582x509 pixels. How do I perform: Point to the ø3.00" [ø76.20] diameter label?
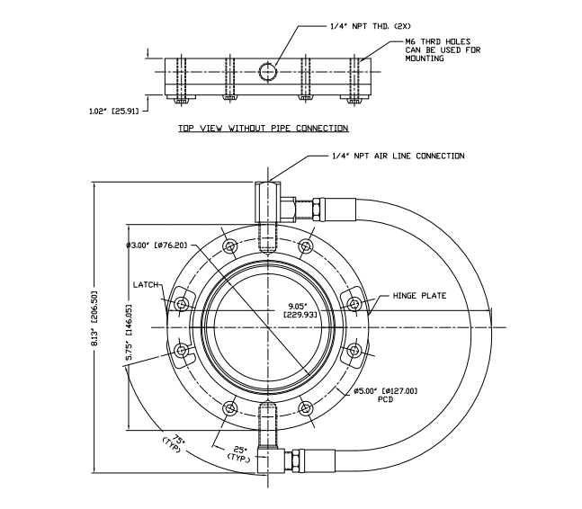[157, 245]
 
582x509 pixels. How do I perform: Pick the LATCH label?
[146, 285]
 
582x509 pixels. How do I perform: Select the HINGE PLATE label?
[419, 296]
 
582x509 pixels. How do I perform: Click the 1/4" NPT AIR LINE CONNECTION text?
[398, 156]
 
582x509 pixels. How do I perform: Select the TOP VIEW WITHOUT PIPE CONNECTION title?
[262, 129]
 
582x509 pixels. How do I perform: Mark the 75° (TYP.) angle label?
[171, 443]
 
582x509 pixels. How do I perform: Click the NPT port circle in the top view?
[267, 70]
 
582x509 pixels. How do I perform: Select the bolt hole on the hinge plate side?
[354, 304]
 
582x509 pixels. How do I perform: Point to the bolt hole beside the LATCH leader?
[182, 304]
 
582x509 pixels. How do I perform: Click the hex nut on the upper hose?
[318, 210]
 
